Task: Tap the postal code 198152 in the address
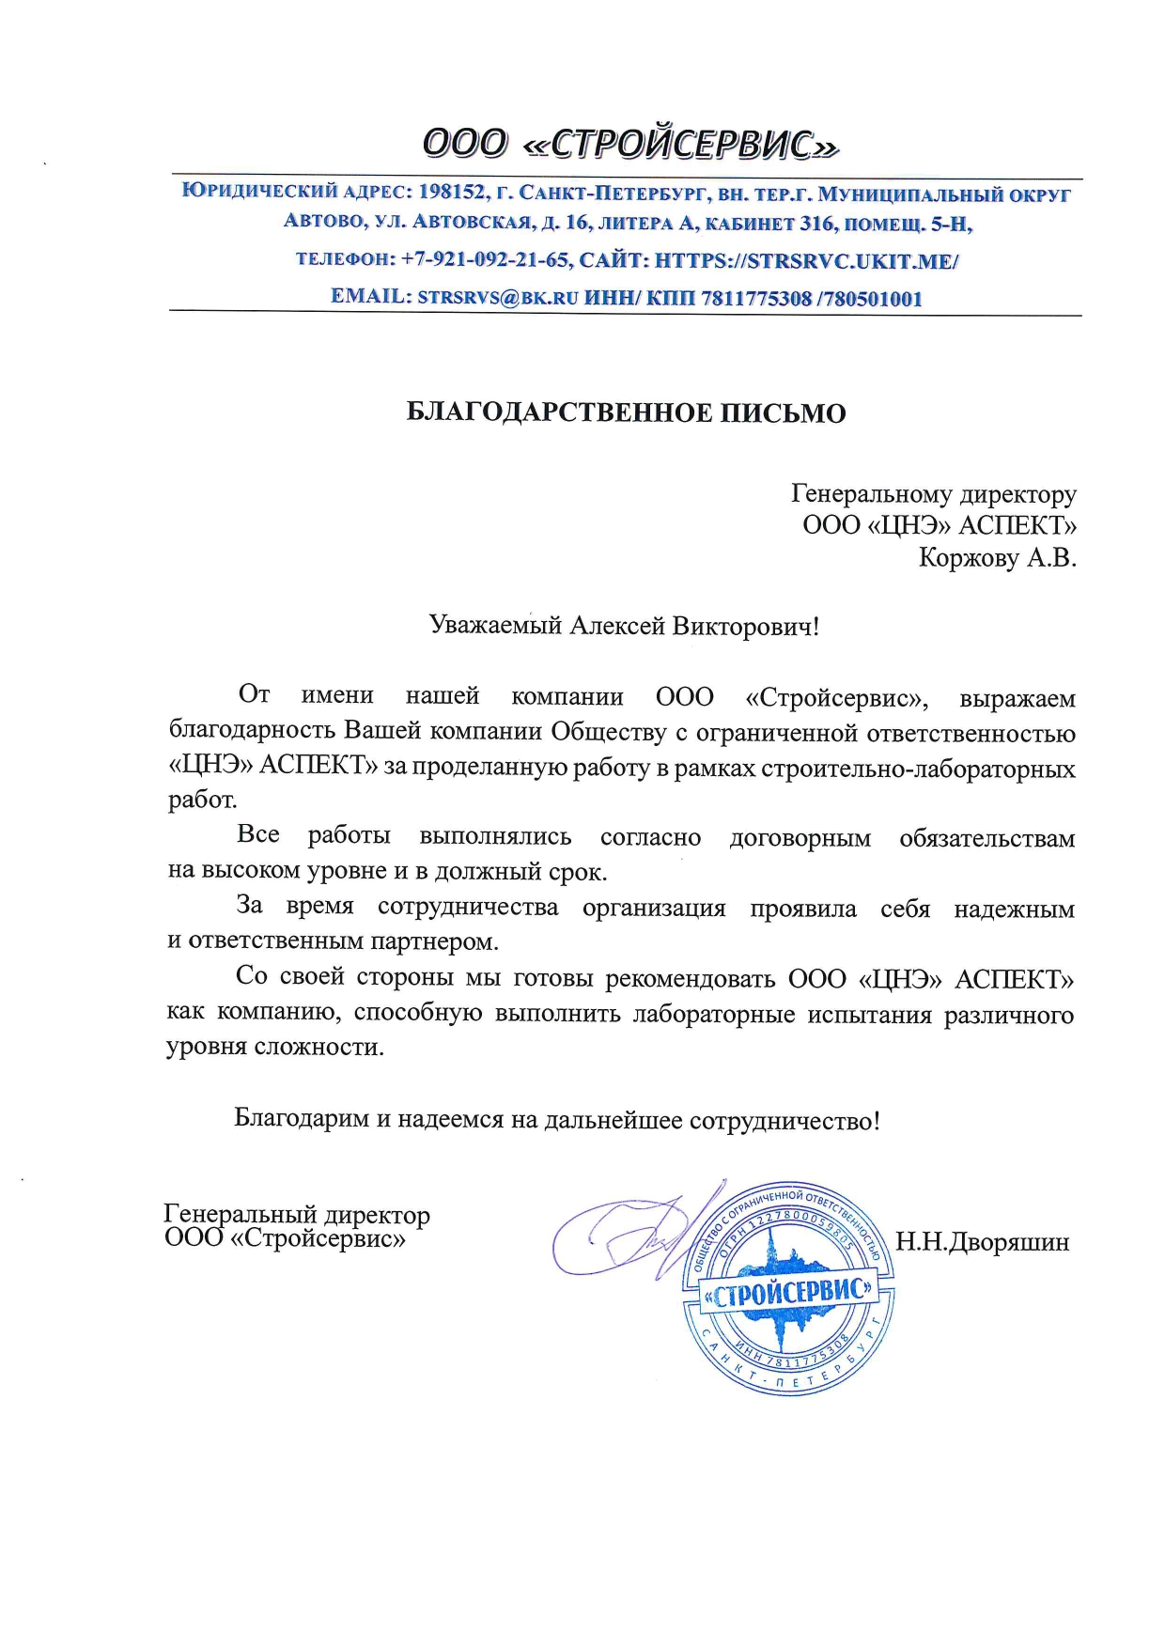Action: tap(453, 193)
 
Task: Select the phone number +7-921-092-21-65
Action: tap(485, 260)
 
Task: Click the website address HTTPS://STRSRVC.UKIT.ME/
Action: tap(805, 260)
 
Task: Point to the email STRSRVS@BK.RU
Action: tap(497, 298)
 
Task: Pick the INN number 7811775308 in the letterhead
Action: tap(755, 299)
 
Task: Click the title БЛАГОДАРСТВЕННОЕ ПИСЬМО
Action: tap(626, 413)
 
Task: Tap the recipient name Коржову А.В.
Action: tap(996, 558)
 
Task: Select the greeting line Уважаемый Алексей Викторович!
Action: tap(624, 626)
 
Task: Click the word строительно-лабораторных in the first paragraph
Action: tap(918, 769)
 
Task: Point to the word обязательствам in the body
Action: tap(986, 838)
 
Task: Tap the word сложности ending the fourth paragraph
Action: tap(318, 1048)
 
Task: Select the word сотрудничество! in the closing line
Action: tap(784, 1121)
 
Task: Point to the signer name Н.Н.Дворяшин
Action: tap(982, 1242)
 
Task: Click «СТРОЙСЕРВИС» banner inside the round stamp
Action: tap(788, 1294)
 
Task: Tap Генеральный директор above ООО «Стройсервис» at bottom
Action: tap(297, 1215)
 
